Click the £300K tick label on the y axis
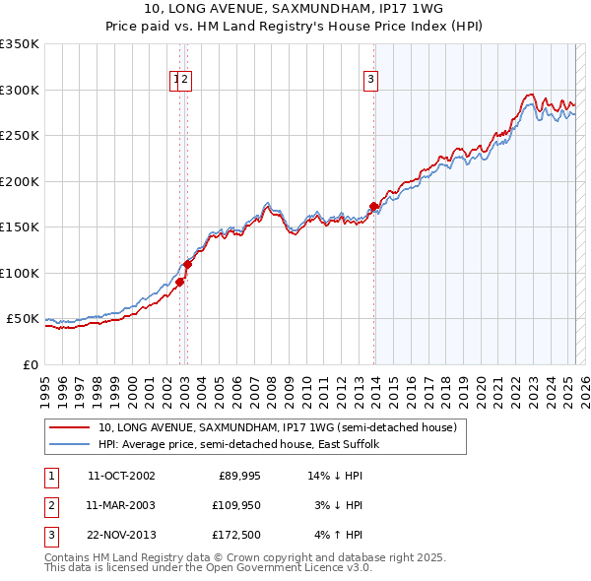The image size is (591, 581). tap(20, 90)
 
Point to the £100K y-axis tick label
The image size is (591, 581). tap(20, 273)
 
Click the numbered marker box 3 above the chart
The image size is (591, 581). tap(370, 81)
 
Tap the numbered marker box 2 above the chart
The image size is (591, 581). tap(185, 81)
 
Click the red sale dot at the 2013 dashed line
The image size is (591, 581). tap(373, 207)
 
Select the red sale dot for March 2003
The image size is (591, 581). tap(187, 264)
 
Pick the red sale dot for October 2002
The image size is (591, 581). tap(180, 282)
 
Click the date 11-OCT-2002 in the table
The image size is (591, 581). tap(121, 476)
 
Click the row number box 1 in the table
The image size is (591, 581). tap(48, 476)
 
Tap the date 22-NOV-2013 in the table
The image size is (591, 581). tap(121, 535)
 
